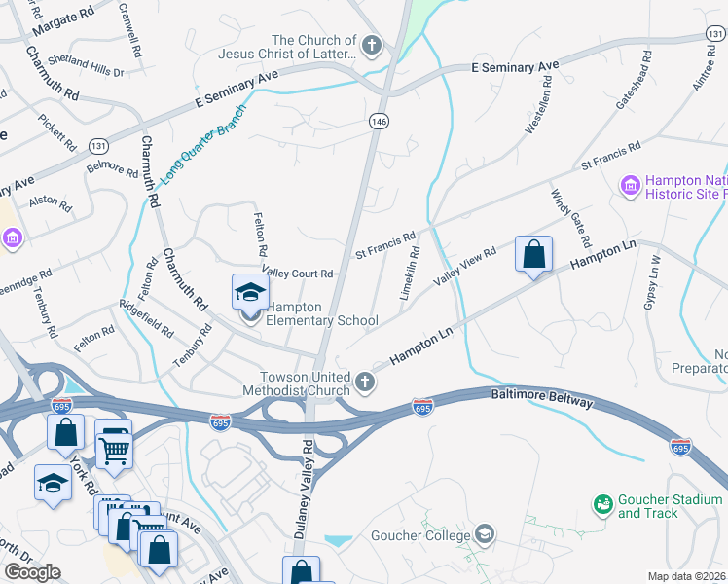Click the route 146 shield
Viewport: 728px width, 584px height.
coord(379,121)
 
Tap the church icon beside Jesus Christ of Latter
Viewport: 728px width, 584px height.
coord(371,45)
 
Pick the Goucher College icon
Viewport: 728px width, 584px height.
coord(485,533)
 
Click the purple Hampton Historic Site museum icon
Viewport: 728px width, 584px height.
coord(630,184)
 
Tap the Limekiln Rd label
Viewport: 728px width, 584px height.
coord(409,273)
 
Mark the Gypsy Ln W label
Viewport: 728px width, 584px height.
coord(652,282)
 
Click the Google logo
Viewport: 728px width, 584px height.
coord(32,572)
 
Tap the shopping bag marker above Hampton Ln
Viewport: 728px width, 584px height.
coord(533,255)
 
